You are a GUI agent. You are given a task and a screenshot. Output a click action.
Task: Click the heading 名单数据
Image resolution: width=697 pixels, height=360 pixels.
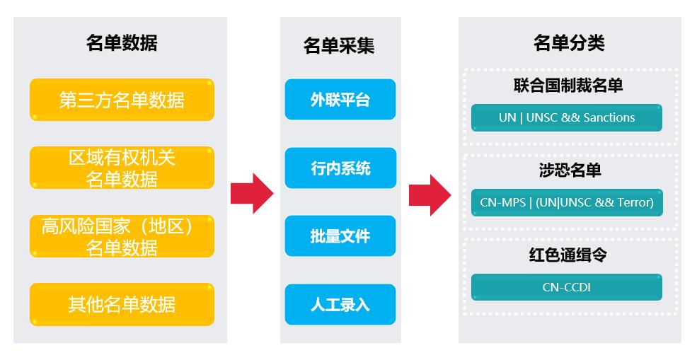pyautogui.click(x=122, y=43)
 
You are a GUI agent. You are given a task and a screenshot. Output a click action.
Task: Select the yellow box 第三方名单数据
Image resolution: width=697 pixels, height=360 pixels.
pyautogui.click(x=122, y=100)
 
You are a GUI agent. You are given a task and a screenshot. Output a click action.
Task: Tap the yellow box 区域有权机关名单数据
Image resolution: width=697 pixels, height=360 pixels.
pyautogui.click(x=122, y=168)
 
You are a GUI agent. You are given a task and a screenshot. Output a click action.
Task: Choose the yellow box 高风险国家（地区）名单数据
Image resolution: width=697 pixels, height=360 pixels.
pyautogui.click(x=122, y=236)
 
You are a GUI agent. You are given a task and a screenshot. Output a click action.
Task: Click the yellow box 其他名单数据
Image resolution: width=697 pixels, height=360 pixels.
pyautogui.click(x=122, y=304)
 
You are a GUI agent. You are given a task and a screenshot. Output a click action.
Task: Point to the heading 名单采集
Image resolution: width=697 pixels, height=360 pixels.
pyautogui.click(x=340, y=46)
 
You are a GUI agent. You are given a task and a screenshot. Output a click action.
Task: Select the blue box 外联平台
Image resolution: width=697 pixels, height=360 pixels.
pyautogui.click(x=340, y=100)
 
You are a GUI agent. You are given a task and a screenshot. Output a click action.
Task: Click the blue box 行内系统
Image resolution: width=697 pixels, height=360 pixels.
pyautogui.click(x=340, y=168)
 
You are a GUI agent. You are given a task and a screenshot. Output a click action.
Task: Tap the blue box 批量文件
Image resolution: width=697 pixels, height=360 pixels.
pyautogui.click(x=340, y=236)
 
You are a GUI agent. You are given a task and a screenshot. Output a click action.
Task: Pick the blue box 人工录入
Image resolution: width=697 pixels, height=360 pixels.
pyautogui.click(x=340, y=305)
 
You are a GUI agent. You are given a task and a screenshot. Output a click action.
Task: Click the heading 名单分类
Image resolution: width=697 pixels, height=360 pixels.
pyautogui.click(x=569, y=43)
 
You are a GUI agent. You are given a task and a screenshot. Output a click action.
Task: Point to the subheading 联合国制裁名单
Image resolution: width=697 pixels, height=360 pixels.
pyautogui.click(x=569, y=86)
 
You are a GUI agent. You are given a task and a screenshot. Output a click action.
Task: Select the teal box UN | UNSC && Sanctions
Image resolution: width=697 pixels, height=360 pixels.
pyautogui.click(x=567, y=117)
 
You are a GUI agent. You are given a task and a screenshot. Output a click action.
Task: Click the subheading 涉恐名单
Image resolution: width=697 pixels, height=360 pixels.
pyautogui.click(x=569, y=170)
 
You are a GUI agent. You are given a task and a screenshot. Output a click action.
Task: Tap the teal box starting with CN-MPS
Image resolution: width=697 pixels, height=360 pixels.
pyautogui.click(x=567, y=202)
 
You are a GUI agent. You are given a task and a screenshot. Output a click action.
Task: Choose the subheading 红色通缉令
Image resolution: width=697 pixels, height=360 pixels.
pyautogui.click(x=569, y=255)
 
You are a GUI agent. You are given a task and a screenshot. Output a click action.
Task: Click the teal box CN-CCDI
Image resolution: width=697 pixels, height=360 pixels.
pyautogui.click(x=567, y=287)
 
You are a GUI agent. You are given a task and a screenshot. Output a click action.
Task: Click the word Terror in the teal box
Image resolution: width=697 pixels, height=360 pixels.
pyautogui.click(x=633, y=202)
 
